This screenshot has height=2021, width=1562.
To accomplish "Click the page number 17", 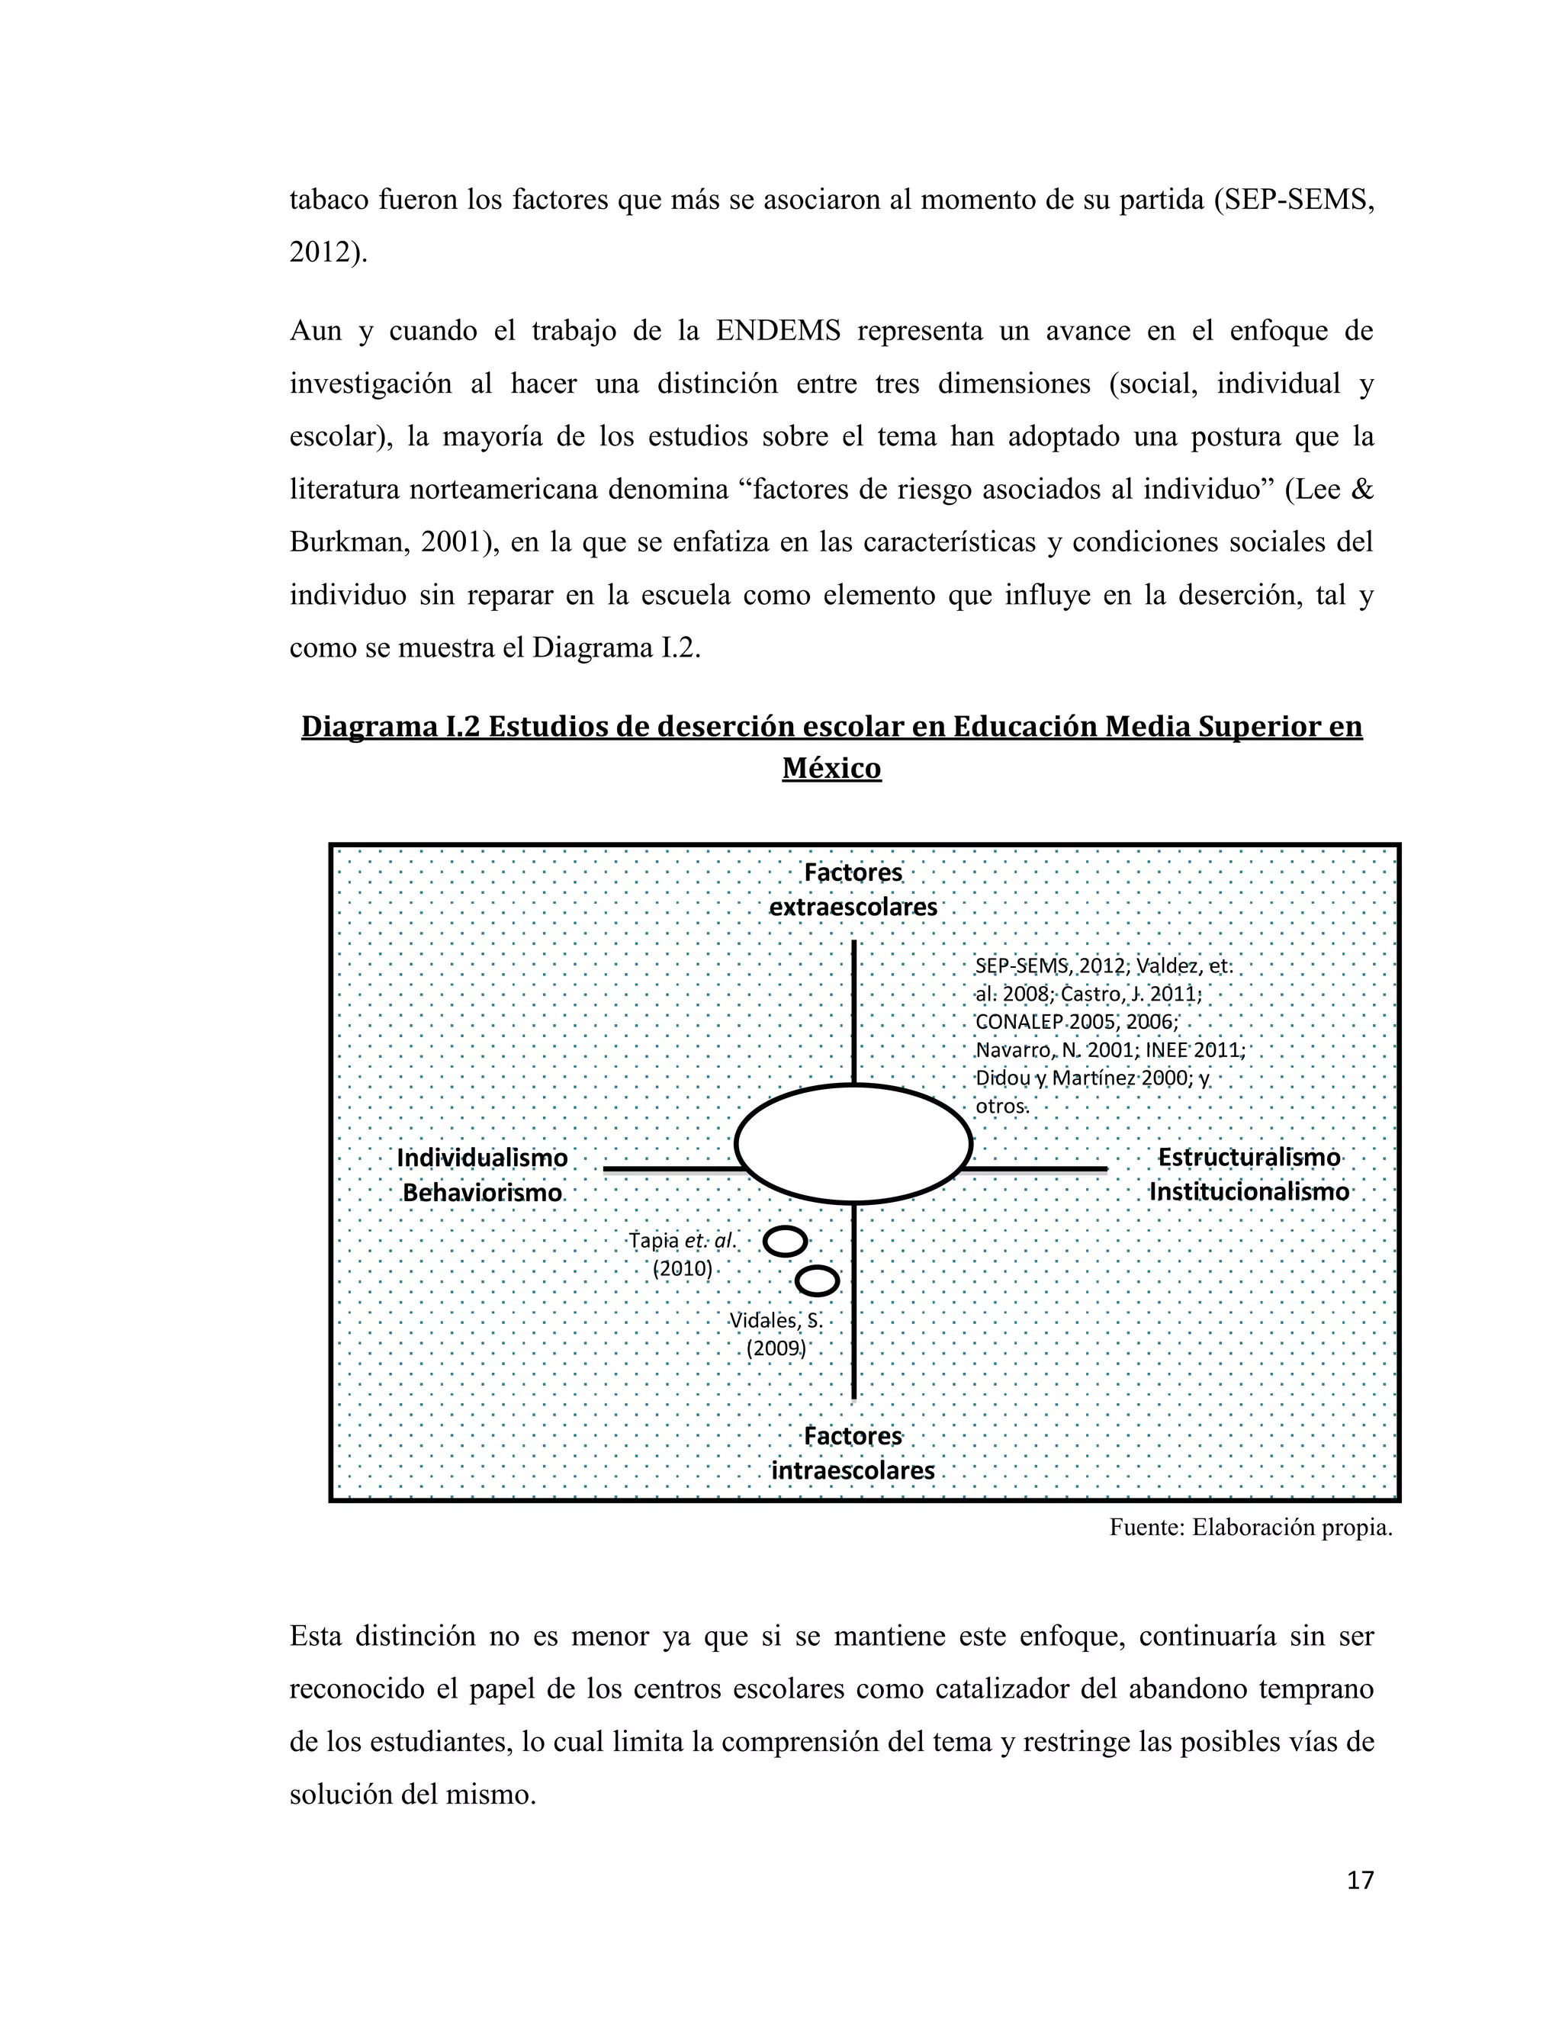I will (x=1359, y=1881).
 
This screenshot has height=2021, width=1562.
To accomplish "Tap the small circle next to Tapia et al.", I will (x=786, y=1241).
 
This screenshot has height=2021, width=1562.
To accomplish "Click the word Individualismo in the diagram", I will (x=482, y=1158).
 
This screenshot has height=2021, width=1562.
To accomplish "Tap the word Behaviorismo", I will (x=482, y=1193).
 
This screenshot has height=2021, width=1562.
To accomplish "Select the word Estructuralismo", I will (x=1249, y=1158).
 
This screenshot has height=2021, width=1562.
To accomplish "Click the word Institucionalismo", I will (x=1249, y=1192).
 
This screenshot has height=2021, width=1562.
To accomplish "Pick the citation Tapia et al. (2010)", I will (x=683, y=1254).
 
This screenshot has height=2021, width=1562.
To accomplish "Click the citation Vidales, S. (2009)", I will (x=776, y=1333).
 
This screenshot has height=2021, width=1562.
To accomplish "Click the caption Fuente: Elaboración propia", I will (x=1250, y=1528).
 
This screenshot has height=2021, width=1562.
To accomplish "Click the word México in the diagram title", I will (x=831, y=768).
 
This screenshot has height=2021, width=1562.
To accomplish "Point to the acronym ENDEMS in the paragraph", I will (x=777, y=330).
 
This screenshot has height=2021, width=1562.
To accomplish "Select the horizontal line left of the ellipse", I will (x=673, y=1170).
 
